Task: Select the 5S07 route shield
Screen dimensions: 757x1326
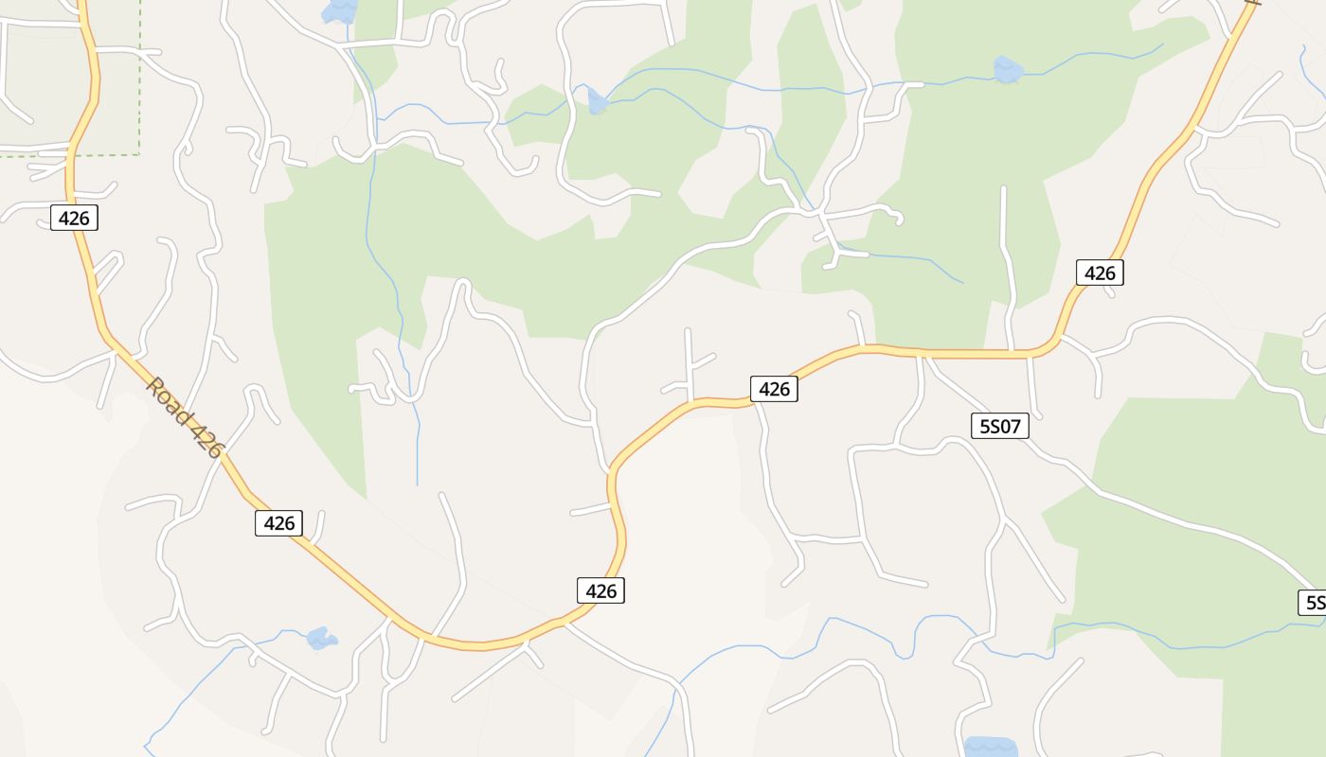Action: (x=1000, y=427)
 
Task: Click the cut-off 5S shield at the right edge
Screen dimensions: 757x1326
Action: (x=1312, y=603)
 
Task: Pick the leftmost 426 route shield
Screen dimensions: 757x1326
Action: (x=74, y=219)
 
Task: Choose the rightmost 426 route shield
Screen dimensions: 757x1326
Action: (x=1100, y=273)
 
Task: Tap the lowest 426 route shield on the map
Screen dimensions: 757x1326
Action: (x=601, y=591)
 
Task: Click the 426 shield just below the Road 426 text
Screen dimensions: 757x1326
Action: (x=279, y=523)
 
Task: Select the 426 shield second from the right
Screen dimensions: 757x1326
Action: (x=774, y=389)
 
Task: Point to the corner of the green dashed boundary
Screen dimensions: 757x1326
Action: (x=139, y=153)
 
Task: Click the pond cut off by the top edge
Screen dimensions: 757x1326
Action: (x=339, y=9)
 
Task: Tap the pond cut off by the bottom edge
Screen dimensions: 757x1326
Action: (x=990, y=747)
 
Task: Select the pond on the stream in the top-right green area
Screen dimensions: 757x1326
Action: (x=1008, y=69)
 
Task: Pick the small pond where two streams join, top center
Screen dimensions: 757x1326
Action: (x=597, y=101)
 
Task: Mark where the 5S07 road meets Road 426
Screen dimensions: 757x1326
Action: (x=923, y=355)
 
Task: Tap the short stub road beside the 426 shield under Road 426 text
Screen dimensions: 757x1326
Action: (x=320, y=526)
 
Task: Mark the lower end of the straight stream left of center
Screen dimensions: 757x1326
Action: (x=417, y=484)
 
